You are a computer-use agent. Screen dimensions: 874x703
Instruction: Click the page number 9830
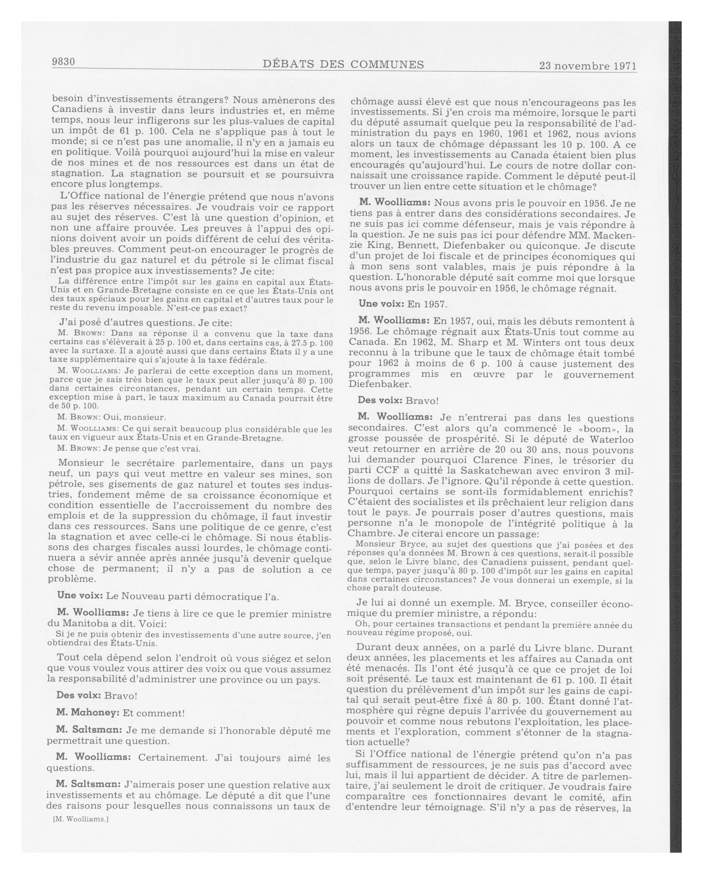(64, 62)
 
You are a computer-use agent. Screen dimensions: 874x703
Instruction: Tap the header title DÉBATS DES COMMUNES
(343, 64)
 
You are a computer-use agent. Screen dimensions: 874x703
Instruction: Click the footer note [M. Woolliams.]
(81, 819)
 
